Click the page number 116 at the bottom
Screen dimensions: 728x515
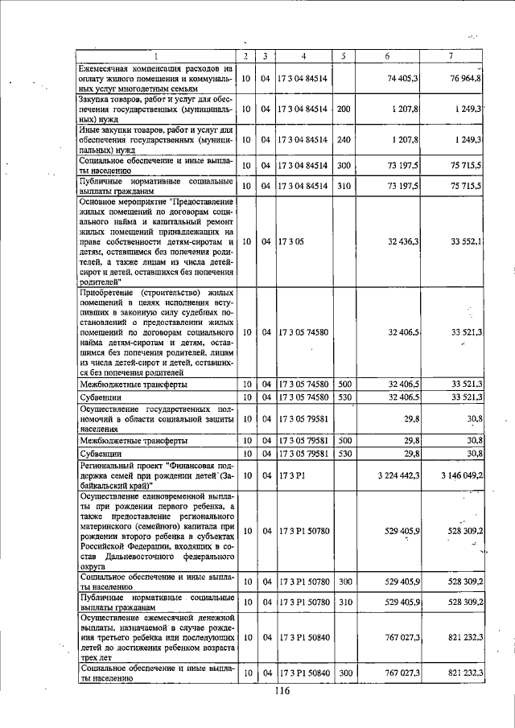coord(282,691)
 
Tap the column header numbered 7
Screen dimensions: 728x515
coord(451,56)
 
